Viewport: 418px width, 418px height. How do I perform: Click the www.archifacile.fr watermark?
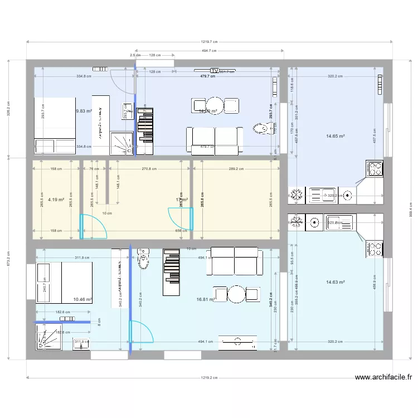click(x=383, y=377)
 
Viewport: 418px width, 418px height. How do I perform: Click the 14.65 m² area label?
click(x=335, y=135)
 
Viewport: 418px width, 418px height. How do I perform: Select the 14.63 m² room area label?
click(x=335, y=282)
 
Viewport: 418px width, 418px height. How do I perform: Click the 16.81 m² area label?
click(x=206, y=299)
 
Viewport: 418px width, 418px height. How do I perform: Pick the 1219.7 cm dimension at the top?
click(x=209, y=41)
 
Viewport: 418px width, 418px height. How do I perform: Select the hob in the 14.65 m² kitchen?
click(x=374, y=168)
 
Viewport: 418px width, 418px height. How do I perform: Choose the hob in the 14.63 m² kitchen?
click(x=374, y=249)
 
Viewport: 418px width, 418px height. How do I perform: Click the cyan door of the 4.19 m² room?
click(x=90, y=226)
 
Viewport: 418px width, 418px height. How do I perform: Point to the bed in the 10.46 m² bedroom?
click(x=64, y=277)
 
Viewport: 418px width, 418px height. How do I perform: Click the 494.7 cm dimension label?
click(x=210, y=50)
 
